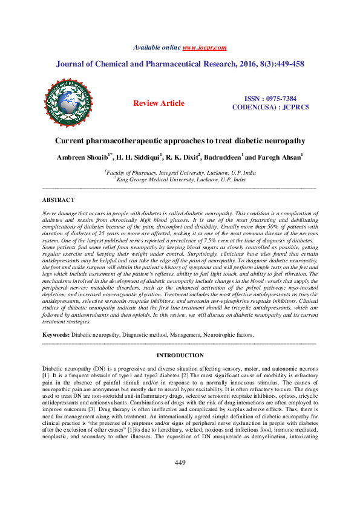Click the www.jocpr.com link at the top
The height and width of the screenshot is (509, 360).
click(204, 47)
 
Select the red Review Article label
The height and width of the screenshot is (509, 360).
click(159, 103)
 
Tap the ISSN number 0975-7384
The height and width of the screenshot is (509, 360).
click(280, 99)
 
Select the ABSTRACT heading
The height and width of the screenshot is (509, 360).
click(58, 200)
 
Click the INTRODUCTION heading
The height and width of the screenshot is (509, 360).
click(180, 355)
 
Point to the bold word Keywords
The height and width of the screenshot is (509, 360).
click(56, 334)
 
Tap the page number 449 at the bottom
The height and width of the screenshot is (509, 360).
click(180, 480)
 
